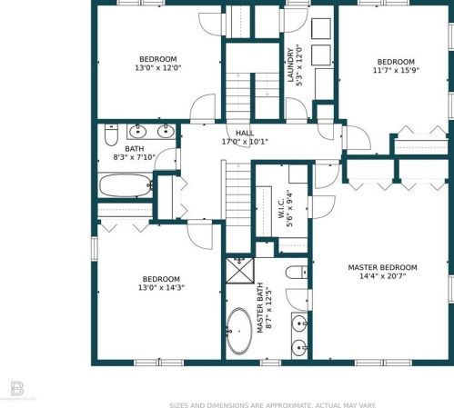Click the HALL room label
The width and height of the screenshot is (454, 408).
(245, 133)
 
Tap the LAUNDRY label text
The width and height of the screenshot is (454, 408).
(290, 65)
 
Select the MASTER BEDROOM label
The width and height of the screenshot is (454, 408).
(382, 267)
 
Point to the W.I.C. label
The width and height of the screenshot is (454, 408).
(281, 208)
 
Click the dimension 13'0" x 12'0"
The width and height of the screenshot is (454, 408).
(158, 68)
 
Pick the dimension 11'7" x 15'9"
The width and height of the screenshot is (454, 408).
(396, 70)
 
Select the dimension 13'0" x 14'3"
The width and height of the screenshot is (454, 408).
(161, 287)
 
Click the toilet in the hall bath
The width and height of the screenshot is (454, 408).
(111, 134)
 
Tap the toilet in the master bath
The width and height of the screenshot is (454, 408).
(297, 273)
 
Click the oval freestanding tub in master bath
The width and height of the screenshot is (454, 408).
(239, 332)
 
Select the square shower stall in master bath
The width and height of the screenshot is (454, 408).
(240, 271)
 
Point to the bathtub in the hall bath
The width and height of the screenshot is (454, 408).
(126, 185)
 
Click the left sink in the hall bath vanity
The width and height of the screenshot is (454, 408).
(138, 132)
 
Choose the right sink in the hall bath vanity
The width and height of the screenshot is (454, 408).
(166, 132)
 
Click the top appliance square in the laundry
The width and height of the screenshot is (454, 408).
(321, 28)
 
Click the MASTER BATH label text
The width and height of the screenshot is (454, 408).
(260, 308)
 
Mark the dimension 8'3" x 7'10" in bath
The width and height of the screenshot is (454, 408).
(135, 157)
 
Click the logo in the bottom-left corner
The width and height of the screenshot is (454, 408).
(17, 389)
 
